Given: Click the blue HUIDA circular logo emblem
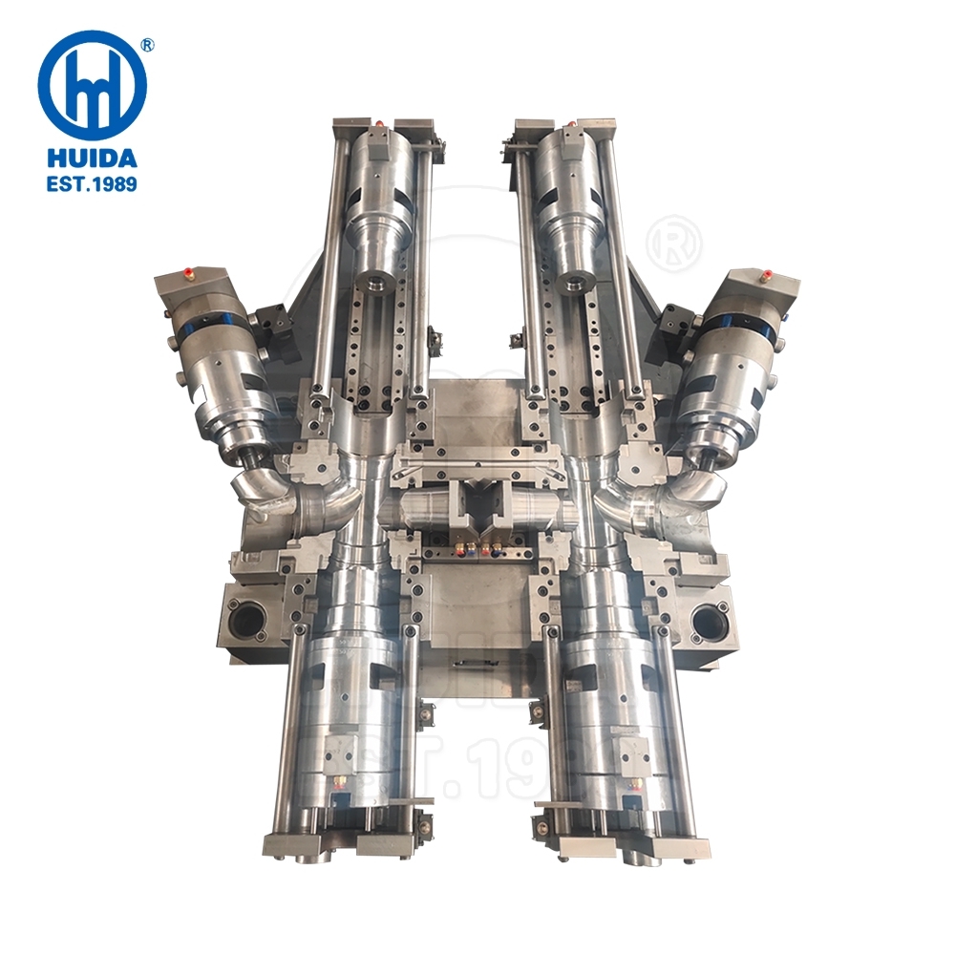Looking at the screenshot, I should pyautogui.click(x=92, y=85).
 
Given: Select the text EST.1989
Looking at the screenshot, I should pyautogui.click(x=92, y=181).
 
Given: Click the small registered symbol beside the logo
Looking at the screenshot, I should pyautogui.click(x=148, y=44).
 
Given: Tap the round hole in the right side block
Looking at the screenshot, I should pyautogui.click(x=710, y=621).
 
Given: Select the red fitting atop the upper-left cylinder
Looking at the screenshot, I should pyautogui.click(x=381, y=123).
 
